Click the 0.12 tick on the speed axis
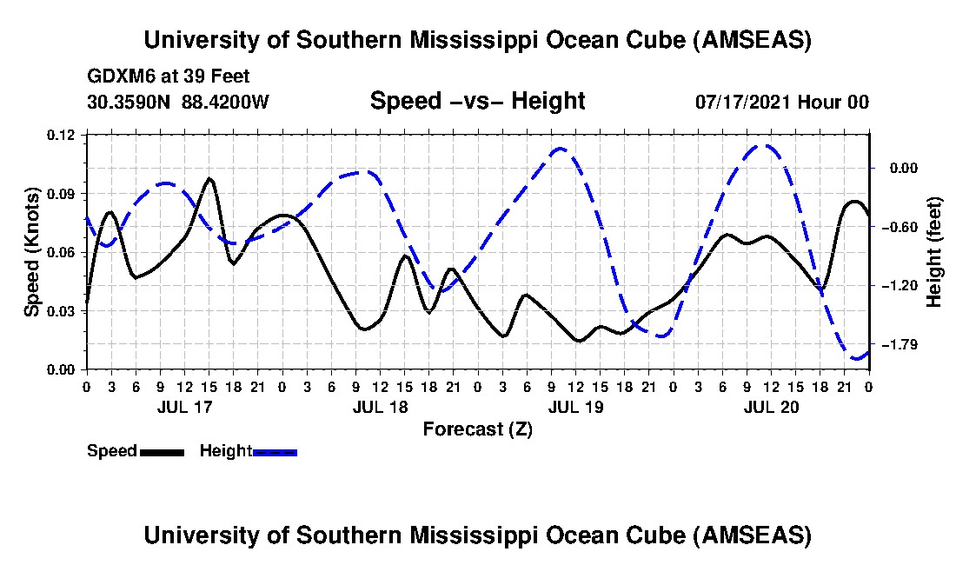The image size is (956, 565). pos(62,135)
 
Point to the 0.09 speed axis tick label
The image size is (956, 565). pos(62,193)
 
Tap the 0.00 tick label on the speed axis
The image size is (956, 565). pos(62,369)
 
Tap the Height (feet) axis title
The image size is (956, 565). pos(934,252)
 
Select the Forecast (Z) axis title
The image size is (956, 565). pos(477,429)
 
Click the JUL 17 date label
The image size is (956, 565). pos(183,406)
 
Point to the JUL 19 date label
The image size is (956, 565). pos(575,406)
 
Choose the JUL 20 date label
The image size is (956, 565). pos(771,406)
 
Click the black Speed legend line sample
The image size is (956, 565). pos(161,452)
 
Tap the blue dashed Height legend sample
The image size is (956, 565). pos(276,452)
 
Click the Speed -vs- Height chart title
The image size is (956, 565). pos(477,101)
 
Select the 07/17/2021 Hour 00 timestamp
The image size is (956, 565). pos(781,102)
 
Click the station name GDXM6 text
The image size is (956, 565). pos(117,77)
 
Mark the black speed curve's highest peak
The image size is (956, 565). pos(209,178)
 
